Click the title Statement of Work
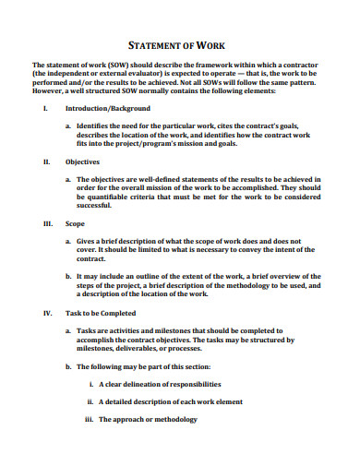pos(180,45)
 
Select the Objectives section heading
pos(83,161)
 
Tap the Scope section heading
pos(77,224)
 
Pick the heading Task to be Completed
pos(99,313)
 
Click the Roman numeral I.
pos(44,108)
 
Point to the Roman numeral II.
pos(46,161)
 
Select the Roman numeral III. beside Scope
pos(47,224)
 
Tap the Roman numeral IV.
pos(47,313)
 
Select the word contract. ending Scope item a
pos(93,259)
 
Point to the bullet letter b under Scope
pos(68,276)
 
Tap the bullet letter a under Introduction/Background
pos(68,125)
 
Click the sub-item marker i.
pos(90,384)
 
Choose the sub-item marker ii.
pos(90,402)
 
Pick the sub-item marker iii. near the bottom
pos(90,420)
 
